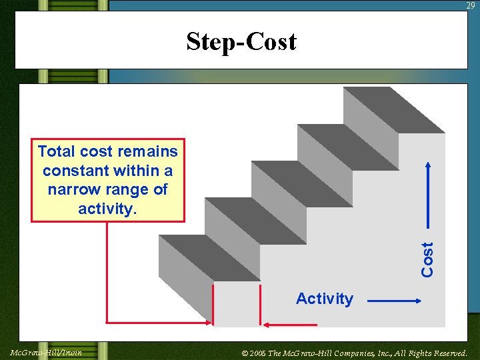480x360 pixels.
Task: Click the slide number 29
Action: [471, 5]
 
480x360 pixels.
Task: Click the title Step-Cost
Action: [241, 41]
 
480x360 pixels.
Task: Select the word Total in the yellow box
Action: [57, 151]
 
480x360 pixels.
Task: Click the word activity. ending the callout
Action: [107, 209]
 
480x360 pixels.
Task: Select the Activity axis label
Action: [324, 299]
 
